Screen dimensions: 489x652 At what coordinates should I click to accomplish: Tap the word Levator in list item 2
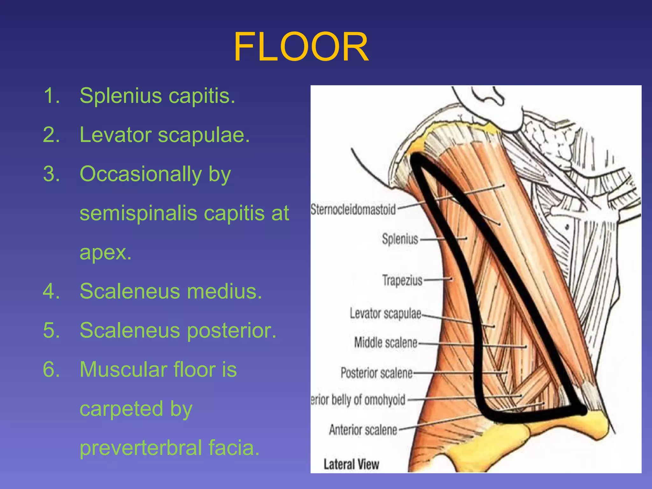115,135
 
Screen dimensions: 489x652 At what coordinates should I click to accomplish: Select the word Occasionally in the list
140,174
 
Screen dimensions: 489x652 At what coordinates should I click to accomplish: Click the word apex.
105,253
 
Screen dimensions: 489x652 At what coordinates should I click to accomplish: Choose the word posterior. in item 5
231,330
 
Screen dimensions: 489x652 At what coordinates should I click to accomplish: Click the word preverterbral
140,448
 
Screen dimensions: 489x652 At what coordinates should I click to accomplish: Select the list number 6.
51,370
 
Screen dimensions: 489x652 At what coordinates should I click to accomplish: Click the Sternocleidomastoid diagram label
353,210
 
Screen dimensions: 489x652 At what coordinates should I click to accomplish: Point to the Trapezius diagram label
402,280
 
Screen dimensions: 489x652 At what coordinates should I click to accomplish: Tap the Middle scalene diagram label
386,343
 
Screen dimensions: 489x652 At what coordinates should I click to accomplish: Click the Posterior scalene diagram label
376,373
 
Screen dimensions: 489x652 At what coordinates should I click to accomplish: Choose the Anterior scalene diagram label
363,430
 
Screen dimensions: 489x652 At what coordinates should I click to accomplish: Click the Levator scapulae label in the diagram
385,314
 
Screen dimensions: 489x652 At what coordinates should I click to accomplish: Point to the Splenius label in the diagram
400,239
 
